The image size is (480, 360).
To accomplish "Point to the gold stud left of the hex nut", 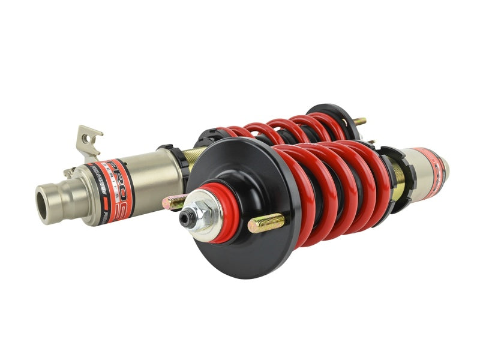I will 176,202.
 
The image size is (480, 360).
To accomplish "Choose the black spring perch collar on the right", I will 398,174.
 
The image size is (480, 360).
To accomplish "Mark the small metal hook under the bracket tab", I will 69,172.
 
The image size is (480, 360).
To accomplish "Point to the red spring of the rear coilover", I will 276,129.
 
